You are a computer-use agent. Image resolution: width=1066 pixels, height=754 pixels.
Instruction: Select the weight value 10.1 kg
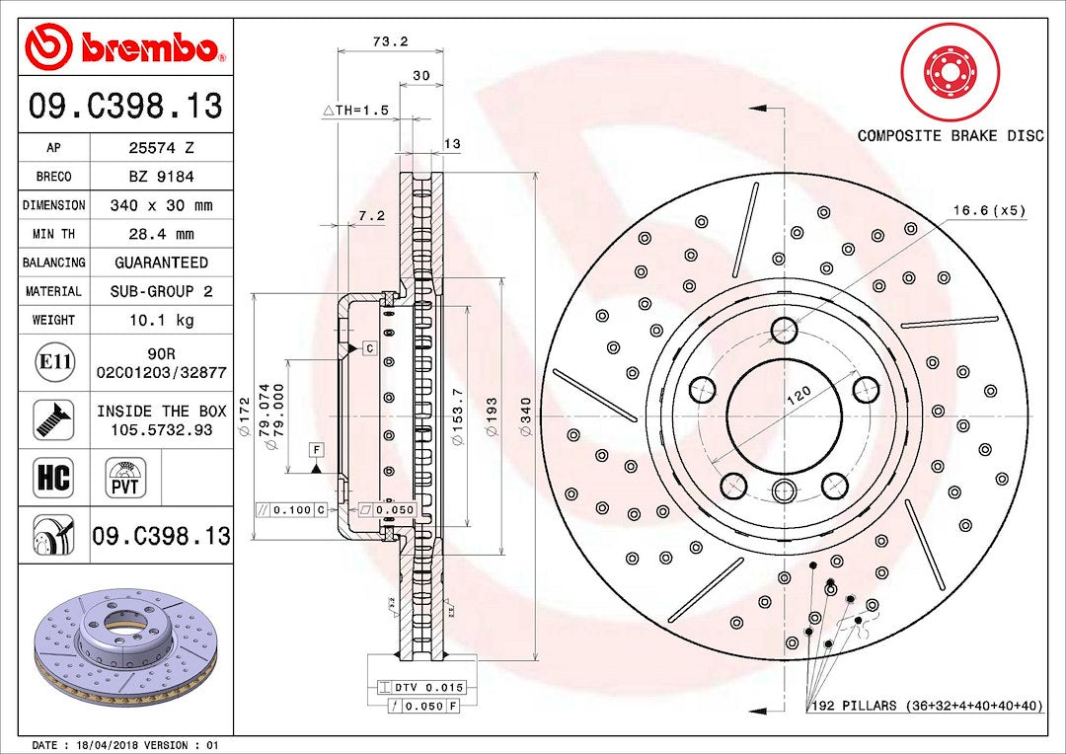coord(161,320)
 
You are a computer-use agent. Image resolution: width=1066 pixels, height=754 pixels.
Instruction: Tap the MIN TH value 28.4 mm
coord(161,234)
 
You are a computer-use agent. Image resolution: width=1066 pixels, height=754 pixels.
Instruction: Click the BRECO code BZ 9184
coord(161,177)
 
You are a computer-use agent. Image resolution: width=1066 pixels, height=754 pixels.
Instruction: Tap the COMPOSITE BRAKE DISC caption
coord(950,135)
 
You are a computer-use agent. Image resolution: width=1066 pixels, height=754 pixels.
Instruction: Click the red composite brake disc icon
coord(951,72)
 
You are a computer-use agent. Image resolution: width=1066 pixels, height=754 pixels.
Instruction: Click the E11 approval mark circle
coord(53,362)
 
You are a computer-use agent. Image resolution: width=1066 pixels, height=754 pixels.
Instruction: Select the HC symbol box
coord(53,478)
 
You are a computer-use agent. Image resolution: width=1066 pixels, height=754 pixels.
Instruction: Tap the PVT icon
coord(125,478)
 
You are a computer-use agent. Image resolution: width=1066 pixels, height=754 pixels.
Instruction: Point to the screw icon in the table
coord(53,419)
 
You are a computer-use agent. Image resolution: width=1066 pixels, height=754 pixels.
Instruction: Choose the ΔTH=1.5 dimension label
coord(356,111)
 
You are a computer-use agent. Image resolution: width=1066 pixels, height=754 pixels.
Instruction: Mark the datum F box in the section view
coord(316,450)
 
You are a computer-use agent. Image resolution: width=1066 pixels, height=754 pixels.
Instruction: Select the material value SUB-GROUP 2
coord(161,291)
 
